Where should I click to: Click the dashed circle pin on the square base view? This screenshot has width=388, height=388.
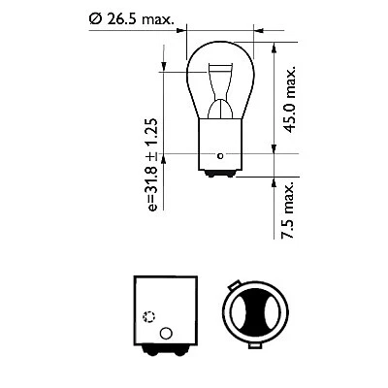[x=148, y=316]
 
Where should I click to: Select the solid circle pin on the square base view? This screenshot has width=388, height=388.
[x=164, y=334]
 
